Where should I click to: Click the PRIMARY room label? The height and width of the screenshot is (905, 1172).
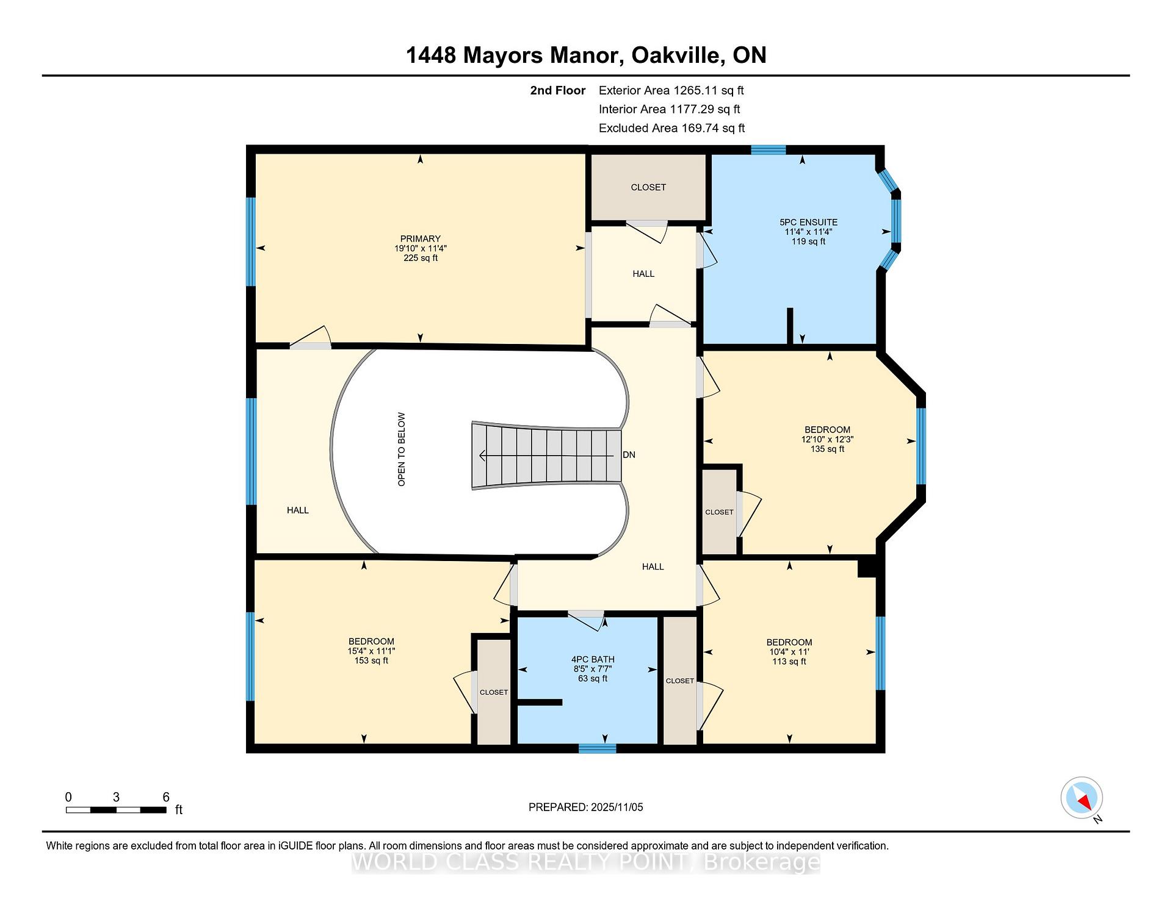pyautogui.click(x=420, y=239)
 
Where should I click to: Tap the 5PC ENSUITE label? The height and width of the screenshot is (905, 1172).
pyautogui.click(x=808, y=223)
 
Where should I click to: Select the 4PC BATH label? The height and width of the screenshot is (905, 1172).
pyautogui.click(x=593, y=659)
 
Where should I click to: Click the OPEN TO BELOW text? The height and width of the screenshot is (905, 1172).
pyautogui.click(x=402, y=449)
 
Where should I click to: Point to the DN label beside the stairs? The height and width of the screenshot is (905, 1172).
pyautogui.click(x=629, y=455)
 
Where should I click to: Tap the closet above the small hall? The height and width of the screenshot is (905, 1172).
pyautogui.click(x=648, y=187)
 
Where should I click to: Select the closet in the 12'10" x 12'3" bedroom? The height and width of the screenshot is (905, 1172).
pyautogui.click(x=719, y=512)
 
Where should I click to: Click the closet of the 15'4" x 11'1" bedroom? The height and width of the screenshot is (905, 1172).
pyautogui.click(x=493, y=692)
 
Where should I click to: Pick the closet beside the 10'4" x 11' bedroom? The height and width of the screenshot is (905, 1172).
pyautogui.click(x=679, y=681)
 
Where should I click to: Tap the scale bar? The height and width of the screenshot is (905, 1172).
pyautogui.click(x=116, y=810)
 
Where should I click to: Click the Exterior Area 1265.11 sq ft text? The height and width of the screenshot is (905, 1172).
pyautogui.click(x=671, y=91)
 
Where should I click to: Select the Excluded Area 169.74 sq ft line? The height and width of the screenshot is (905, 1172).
pyautogui.click(x=671, y=128)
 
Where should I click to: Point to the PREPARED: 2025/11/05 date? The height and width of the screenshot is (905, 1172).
pyautogui.click(x=585, y=807)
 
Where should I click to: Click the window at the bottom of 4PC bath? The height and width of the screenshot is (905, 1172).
pyautogui.click(x=597, y=749)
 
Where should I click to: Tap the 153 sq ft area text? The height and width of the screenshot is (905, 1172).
pyautogui.click(x=371, y=660)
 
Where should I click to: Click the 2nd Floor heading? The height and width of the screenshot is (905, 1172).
pyautogui.click(x=557, y=91)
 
